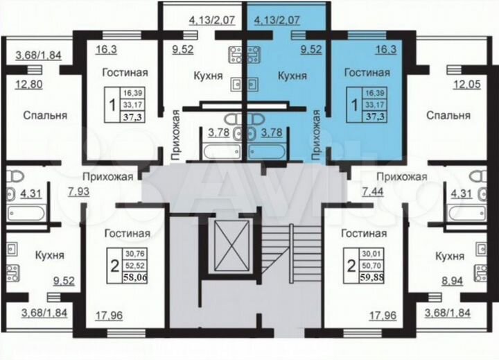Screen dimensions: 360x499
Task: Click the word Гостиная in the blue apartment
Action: pos(367,72)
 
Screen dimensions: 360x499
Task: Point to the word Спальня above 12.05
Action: pos(444,115)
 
